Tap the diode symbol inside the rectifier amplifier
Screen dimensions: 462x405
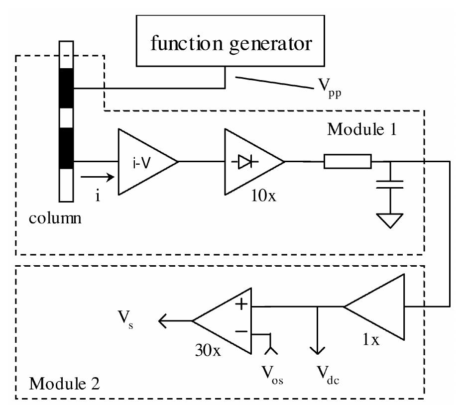245,161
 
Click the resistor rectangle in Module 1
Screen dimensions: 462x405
347,161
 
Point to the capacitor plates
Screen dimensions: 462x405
390,184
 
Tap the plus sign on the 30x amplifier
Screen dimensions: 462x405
241,304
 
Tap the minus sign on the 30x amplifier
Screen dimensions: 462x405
241,332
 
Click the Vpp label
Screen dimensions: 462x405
330,88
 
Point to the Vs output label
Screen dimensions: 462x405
125,319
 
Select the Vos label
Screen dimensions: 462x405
272,375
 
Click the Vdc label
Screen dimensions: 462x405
328,375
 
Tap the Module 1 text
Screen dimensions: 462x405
362,129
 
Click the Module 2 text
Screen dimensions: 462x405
65,384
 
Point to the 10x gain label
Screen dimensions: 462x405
263,195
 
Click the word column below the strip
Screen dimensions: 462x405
55,218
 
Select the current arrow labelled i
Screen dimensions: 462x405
97,177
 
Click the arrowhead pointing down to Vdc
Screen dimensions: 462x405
317,350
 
